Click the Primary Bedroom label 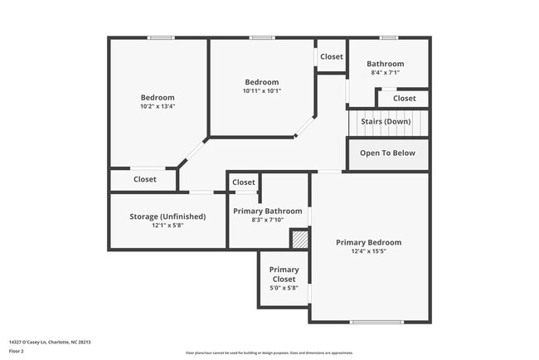point(368,242)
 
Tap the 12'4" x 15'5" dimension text point(368,251)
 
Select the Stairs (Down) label point(386,122)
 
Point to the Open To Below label point(387,153)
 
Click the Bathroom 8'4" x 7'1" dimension point(386,73)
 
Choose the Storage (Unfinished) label point(168,216)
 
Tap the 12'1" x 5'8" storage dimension point(168,226)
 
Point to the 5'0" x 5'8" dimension point(284,288)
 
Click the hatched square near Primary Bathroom point(299,239)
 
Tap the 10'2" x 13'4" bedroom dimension point(158,106)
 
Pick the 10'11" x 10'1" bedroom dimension point(262,91)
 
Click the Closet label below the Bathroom point(405,99)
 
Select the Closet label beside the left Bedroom point(145,179)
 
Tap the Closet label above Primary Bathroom point(244,182)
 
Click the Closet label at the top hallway point(332,57)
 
